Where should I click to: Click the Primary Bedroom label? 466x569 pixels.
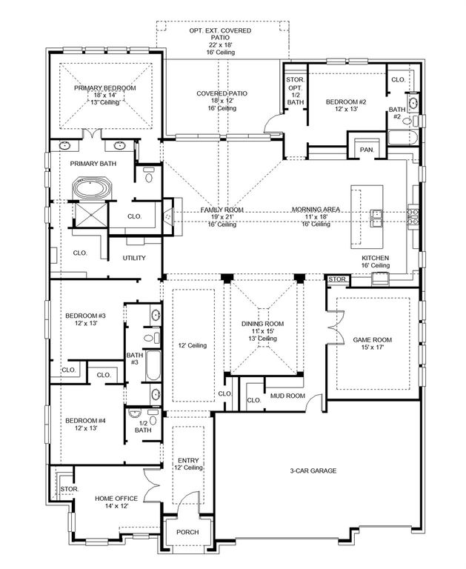click(104, 88)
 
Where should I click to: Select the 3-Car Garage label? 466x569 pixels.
click(315, 470)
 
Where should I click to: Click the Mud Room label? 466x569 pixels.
click(287, 396)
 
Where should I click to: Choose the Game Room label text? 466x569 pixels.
click(373, 340)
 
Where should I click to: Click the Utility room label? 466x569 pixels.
click(134, 258)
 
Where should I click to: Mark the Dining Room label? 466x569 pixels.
click(262, 324)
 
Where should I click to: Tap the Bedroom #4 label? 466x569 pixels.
click(85, 421)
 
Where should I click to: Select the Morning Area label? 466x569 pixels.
click(316, 210)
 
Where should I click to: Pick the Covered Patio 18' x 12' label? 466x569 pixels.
click(222, 93)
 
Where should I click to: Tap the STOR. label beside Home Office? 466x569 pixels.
click(69, 489)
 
